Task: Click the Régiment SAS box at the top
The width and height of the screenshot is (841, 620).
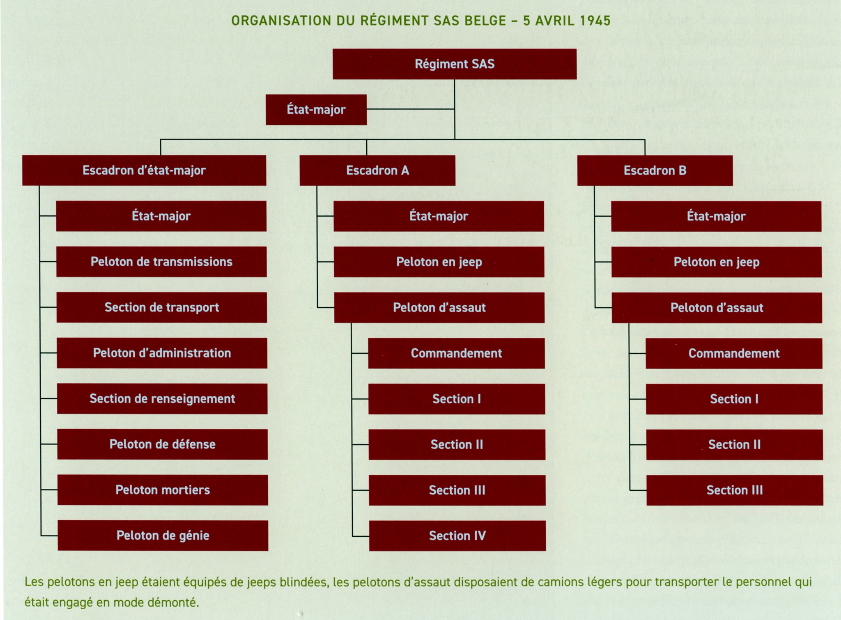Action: tap(455, 64)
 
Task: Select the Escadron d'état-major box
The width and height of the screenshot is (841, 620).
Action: tap(144, 170)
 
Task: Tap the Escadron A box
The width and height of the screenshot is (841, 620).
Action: tap(377, 170)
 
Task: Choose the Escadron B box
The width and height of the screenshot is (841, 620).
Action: tap(655, 170)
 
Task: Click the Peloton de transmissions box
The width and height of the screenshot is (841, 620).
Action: tap(161, 262)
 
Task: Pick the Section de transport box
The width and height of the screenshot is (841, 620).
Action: tap(162, 307)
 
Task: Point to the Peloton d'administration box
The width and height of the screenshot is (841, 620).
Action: tap(162, 353)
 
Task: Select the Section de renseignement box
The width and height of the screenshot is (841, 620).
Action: tap(162, 398)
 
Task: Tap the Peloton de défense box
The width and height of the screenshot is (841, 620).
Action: tap(162, 444)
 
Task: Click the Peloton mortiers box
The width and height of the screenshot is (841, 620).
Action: tap(163, 490)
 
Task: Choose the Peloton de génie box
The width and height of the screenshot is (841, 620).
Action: tap(163, 535)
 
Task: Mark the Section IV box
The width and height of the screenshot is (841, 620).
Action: tap(457, 535)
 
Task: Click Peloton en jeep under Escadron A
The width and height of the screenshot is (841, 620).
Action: tap(439, 262)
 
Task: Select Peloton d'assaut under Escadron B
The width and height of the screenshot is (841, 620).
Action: tap(717, 308)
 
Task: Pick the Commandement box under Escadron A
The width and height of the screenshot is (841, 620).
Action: tap(457, 353)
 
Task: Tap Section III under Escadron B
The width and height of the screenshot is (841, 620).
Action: tap(735, 490)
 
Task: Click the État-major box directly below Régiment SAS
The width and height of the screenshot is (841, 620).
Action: tap(316, 110)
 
